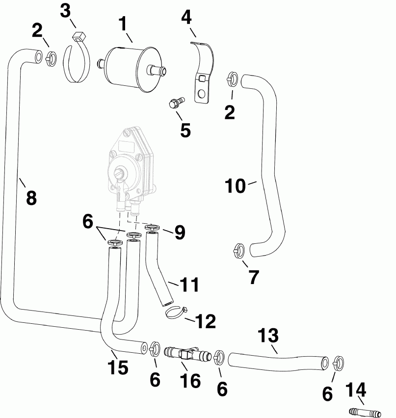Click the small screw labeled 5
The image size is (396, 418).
[x=175, y=103]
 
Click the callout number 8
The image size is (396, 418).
[x=30, y=198]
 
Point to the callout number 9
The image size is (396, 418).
[x=179, y=233]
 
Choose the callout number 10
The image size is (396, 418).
[x=235, y=187]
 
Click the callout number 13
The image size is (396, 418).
[x=268, y=336]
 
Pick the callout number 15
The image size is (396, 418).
[x=118, y=367]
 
